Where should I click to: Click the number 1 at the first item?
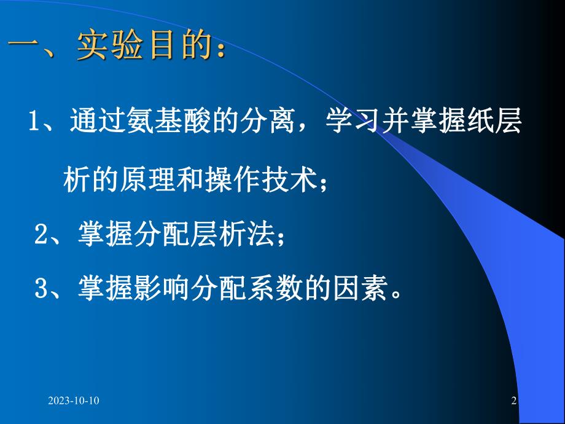pos(34,121)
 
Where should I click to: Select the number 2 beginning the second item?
pos(41,235)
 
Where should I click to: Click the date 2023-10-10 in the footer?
pos(74,401)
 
